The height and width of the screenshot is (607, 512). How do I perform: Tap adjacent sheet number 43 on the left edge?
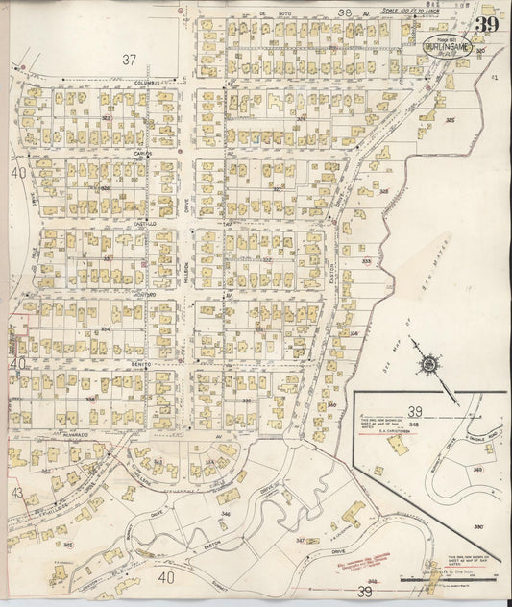coord(17,492)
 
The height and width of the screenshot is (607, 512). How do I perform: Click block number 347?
coord(300,541)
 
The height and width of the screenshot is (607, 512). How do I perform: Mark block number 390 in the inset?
coord(478,528)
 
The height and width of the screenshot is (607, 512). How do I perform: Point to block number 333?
coord(366,261)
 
